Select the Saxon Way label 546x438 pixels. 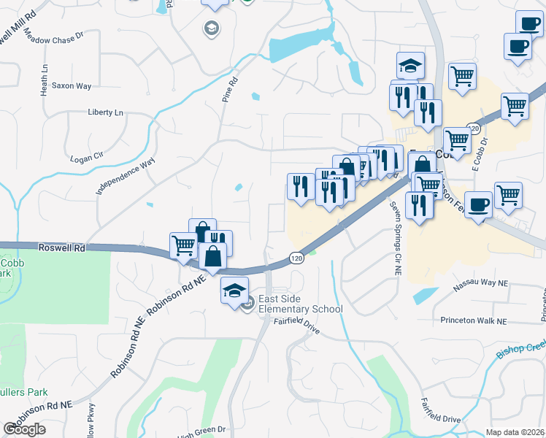(72, 86)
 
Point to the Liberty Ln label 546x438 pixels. (106, 112)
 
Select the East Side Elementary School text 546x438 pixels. (300, 304)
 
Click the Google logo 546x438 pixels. (24, 429)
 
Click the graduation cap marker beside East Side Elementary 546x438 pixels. (234, 291)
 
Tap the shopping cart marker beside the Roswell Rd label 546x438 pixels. (183, 246)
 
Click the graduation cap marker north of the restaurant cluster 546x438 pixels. (410, 66)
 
